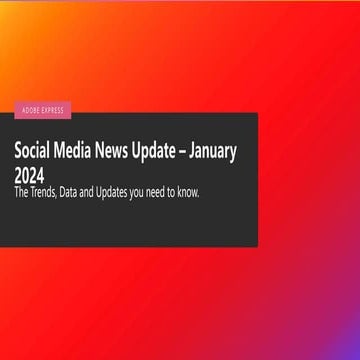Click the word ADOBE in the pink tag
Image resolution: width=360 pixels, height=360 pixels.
[30, 109]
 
